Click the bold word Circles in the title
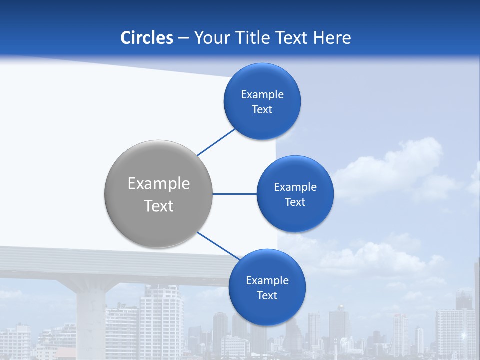coord(146,38)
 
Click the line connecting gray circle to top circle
coord(217,142)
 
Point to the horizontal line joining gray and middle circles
coord(234,194)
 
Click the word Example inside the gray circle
coord(159,184)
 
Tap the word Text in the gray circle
coord(159,206)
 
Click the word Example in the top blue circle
coord(262,95)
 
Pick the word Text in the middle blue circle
coord(295,202)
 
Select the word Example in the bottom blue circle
coord(267,281)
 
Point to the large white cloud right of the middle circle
coord(395,167)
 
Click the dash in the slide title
coord(183,38)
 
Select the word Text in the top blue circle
coord(262,110)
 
